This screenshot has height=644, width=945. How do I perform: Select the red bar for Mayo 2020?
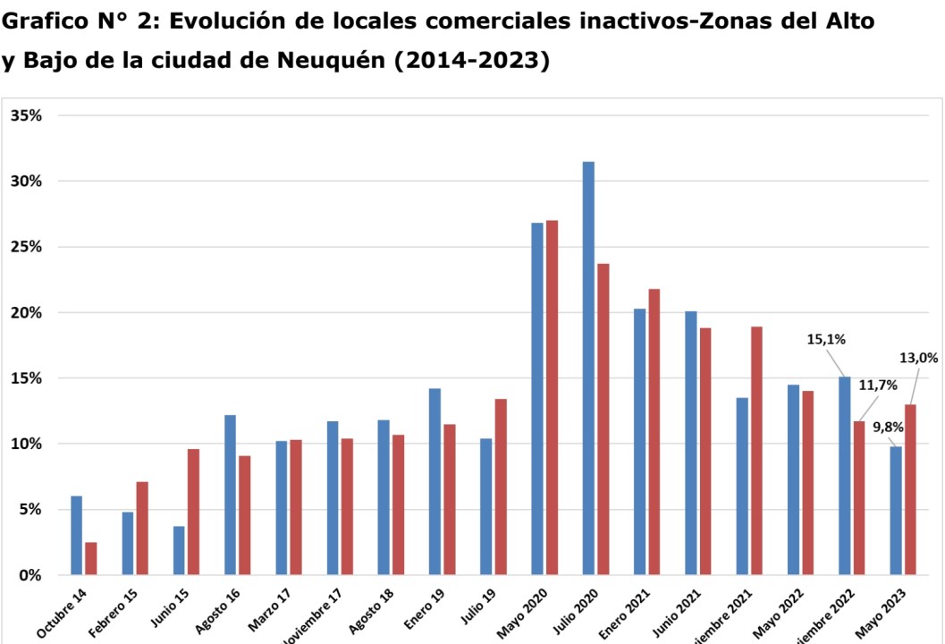pos(552,397)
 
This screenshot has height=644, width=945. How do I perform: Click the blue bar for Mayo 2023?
pos(896,510)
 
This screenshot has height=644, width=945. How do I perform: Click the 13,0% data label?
pos(919,358)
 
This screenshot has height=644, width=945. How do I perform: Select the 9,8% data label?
pos(889,427)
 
